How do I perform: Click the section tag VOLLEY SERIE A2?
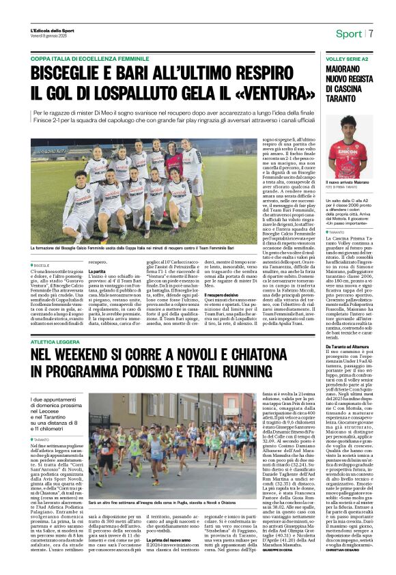(345, 60)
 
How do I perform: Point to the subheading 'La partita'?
(97, 271)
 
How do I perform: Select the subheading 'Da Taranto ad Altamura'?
(344, 347)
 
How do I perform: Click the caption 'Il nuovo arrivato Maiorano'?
(348, 183)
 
